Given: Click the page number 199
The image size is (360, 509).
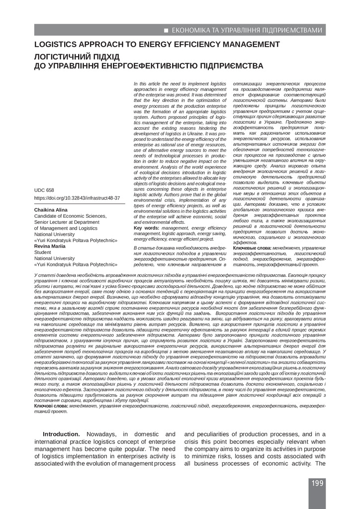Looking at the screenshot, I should [x=318, y=483].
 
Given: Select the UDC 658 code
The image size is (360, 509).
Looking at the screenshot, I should [x=44, y=190].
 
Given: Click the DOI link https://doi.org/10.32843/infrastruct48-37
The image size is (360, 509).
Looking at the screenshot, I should [x=77, y=198].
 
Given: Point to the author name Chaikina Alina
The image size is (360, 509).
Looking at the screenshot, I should [x=51, y=210].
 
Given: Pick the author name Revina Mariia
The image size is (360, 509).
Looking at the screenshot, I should [x=50, y=246].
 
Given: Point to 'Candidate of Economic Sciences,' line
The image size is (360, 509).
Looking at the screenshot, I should [x=67, y=216].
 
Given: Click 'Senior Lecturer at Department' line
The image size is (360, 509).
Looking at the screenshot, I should [x=65, y=222].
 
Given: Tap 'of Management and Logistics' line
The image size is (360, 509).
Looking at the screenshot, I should [x=63, y=228].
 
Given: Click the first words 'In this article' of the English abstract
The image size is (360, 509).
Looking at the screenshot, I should [x=150, y=85].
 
